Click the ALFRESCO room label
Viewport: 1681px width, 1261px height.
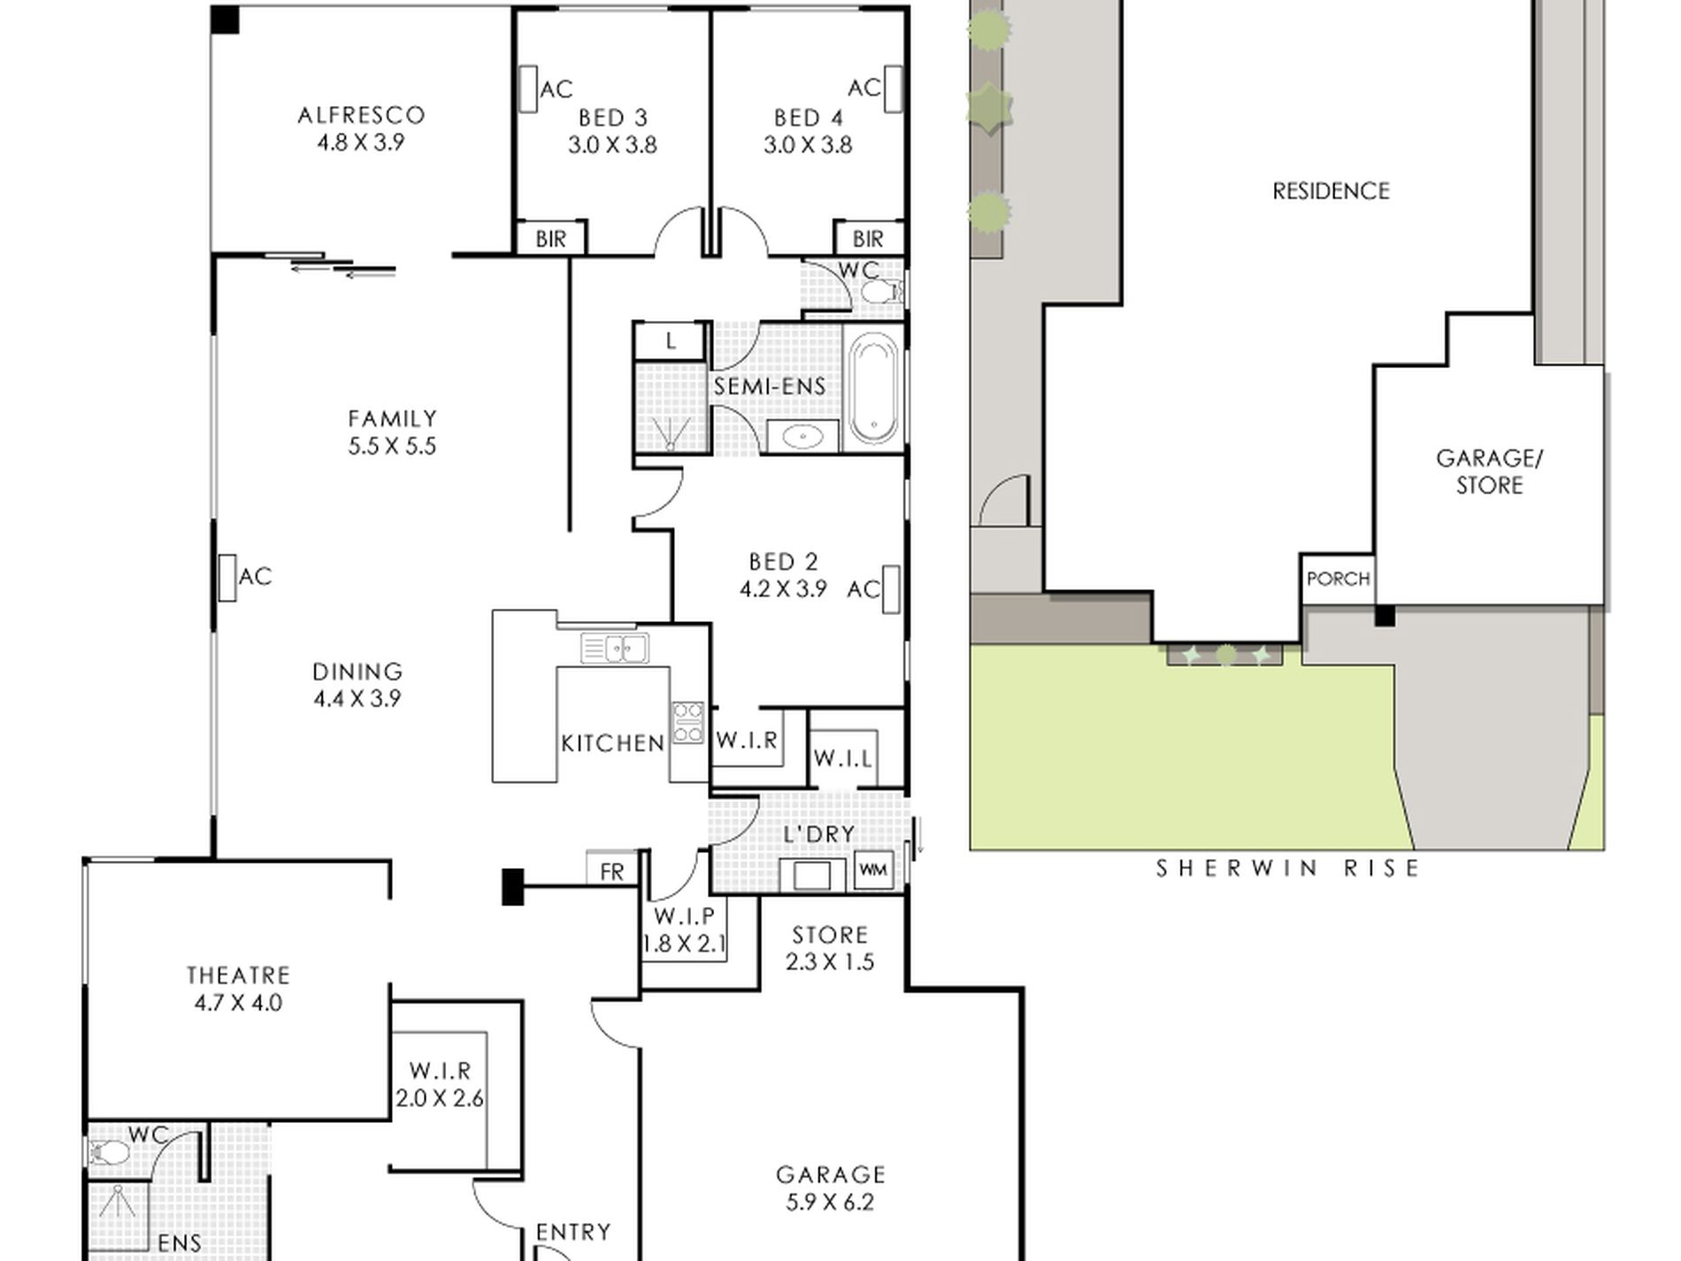(361, 115)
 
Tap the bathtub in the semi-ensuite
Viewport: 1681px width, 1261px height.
(874, 388)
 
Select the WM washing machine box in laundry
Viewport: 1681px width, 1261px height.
(873, 871)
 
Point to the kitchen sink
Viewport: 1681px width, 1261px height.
(615, 648)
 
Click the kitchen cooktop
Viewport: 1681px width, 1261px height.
(687, 721)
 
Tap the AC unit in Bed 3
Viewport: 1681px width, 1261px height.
(528, 89)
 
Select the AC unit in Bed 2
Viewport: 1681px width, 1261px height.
(890, 589)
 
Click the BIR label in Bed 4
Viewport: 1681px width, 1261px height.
(868, 239)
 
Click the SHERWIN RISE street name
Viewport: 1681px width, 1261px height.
(1288, 868)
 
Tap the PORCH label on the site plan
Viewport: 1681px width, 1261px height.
(1339, 579)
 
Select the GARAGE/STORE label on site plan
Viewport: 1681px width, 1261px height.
(1490, 472)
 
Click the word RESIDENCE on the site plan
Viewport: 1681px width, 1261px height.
(1332, 191)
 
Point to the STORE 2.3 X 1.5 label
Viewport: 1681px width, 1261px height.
(830, 949)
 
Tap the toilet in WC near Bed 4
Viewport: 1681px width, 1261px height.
(880, 291)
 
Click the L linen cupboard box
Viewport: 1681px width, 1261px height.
(671, 341)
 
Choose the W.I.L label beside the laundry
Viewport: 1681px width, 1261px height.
(843, 758)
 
